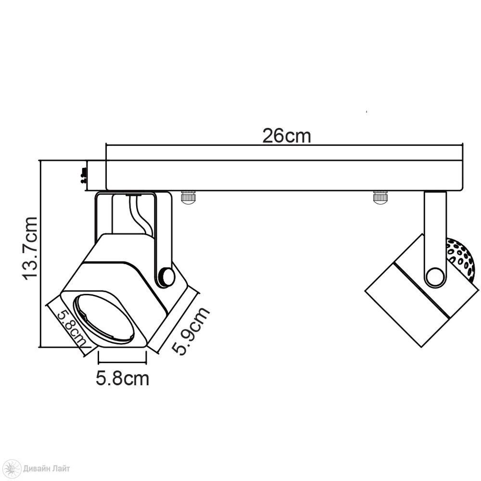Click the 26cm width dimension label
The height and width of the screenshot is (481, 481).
click(x=287, y=136)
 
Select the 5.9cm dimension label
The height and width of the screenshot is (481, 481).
click(x=190, y=331)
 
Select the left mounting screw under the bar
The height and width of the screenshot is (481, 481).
click(x=189, y=197)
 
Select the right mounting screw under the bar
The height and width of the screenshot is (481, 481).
click(x=380, y=197)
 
